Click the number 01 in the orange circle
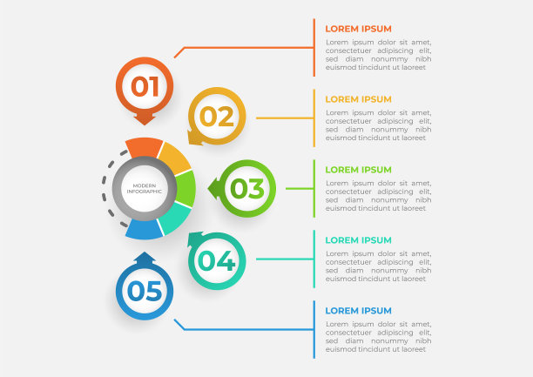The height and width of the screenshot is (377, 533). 145,86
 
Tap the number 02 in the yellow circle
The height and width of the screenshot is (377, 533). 217,116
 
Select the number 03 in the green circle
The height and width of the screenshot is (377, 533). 246,188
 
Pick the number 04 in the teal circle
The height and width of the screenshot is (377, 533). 217,260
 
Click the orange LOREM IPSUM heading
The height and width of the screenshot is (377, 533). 358,29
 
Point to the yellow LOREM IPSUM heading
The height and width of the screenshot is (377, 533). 358,99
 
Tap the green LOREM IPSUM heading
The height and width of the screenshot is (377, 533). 358,170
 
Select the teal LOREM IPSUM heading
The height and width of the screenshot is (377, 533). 358,240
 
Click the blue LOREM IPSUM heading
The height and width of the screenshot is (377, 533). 358,311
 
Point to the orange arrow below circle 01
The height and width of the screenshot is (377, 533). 145,118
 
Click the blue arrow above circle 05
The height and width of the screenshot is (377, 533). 145,259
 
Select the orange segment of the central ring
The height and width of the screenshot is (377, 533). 144,146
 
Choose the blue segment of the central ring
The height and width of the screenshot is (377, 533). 144,230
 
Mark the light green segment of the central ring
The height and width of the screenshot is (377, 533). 185,188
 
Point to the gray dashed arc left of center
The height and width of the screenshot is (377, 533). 105,188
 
